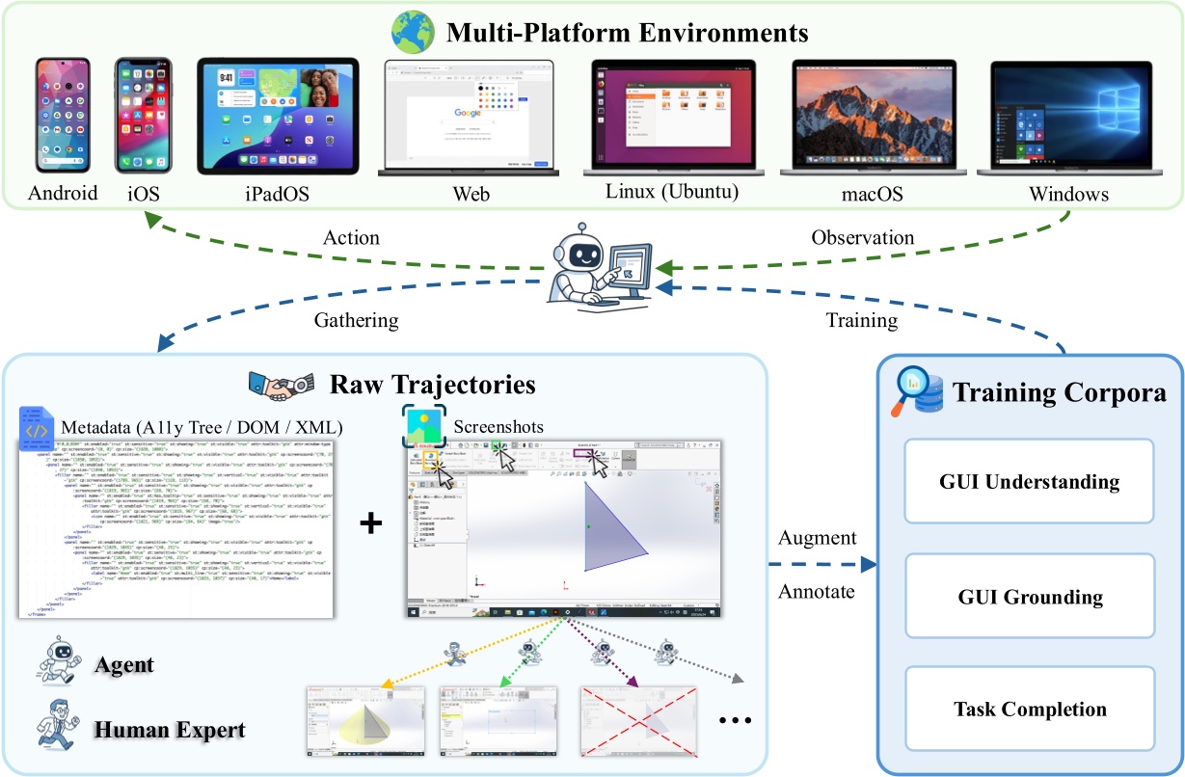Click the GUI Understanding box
tap(1030, 482)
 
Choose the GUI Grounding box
tap(1030, 597)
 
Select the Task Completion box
tap(1030, 710)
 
